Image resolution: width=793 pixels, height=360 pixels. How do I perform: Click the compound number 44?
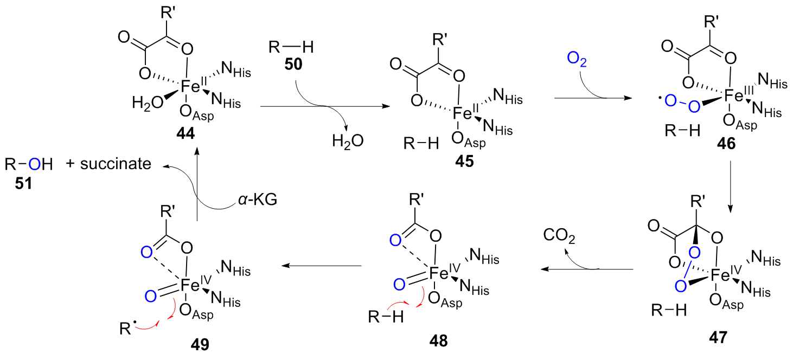[186, 133]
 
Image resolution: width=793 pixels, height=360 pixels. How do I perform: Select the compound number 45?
[464, 161]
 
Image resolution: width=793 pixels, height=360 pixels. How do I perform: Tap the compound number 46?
[726, 143]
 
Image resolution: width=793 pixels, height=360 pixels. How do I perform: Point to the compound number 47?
[718, 337]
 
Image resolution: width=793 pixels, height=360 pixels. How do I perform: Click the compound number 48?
[439, 340]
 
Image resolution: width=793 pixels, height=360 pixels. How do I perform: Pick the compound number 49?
[200, 344]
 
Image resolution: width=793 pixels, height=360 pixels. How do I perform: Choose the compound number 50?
[293, 64]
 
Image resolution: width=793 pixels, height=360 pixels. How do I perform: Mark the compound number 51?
[23, 183]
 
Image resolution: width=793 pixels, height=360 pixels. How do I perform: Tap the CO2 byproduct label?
[559, 236]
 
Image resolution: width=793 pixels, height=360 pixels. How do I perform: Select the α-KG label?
[257, 200]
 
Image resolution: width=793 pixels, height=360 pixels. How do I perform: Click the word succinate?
[116, 164]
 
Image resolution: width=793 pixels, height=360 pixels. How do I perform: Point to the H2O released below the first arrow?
[348, 142]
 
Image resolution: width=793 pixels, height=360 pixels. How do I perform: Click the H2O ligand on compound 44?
[148, 103]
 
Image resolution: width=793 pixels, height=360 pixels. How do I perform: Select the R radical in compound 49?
[126, 328]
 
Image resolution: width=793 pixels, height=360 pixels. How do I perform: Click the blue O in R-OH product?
[34, 164]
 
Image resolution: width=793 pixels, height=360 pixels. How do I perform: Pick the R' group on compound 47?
[698, 202]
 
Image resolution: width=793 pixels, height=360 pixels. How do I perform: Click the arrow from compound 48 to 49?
[322, 266]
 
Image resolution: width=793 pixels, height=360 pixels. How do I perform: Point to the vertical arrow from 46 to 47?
[731, 187]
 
